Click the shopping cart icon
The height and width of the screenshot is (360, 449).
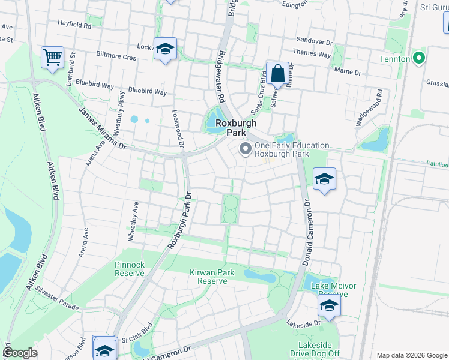[x=52, y=58]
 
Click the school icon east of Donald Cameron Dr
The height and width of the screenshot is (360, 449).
[x=324, y=179]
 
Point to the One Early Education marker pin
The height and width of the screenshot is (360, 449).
[x=245, y=149]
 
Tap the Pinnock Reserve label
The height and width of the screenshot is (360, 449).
[x=130, y=268]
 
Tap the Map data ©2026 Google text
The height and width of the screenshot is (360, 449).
[x=412, y=355]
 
